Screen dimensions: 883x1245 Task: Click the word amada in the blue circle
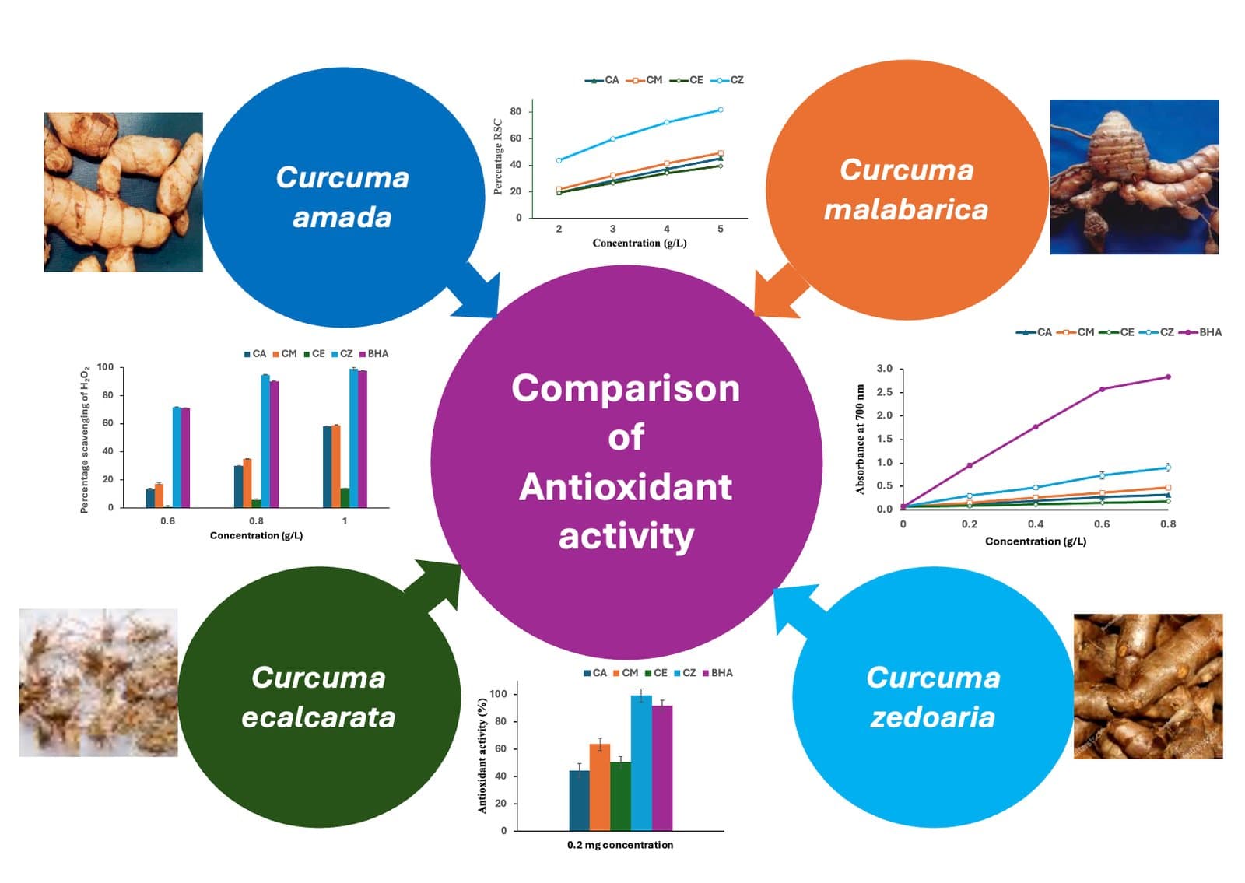click(342, 217)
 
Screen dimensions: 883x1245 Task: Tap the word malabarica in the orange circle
click(906, 209)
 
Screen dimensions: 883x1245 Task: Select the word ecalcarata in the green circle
click(318, 717)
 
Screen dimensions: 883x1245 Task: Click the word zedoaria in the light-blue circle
click(932, 717)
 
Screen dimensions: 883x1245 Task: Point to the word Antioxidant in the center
click(626, 487)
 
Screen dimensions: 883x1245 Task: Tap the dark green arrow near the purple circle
click(434, 583)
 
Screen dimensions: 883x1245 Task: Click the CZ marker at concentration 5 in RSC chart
click(721, 110)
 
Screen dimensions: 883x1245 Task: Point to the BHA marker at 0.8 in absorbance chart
click(1168, 377)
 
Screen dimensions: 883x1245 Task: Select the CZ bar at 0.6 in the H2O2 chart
click(177, 457)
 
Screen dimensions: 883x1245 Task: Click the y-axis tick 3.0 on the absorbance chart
click(884, 368)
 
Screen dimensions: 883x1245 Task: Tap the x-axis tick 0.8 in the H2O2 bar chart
click(256, 520)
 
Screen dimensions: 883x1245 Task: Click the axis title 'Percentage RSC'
click(498, 156)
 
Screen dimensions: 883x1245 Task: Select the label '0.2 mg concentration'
click(619, 845)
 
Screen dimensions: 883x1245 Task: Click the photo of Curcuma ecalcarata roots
click(98, 682)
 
